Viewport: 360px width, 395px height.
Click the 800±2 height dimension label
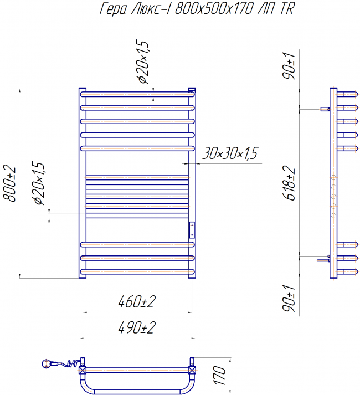(9, 183)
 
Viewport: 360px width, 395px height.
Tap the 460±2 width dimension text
(137, 301)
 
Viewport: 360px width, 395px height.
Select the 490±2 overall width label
(137, 327)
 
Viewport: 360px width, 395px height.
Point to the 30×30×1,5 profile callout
(230, 153)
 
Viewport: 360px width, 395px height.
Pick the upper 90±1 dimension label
(289, 66)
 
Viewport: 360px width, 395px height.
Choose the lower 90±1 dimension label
(289, 299)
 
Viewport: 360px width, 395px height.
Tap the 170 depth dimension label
(220, 376)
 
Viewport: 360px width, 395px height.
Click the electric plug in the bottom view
(47, 363)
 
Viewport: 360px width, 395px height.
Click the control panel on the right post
(192, 230)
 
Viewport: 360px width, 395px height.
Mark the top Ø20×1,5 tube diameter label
(143, 61)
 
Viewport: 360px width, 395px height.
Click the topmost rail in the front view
(137, 95)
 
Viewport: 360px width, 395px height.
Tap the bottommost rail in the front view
(137, 271)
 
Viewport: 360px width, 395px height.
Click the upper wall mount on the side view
(325, 109)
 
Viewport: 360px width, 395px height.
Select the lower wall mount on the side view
(323, 259)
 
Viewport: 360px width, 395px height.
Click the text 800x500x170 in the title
(214, 9)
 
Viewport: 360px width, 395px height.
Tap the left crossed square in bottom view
(83, 370)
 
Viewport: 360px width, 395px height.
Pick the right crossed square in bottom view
(192, 370)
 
